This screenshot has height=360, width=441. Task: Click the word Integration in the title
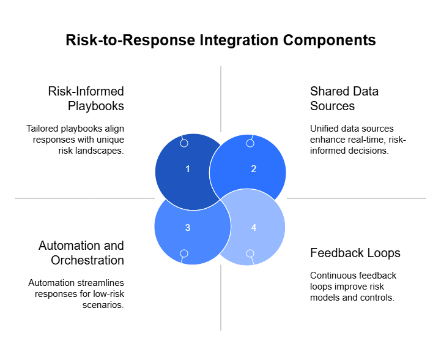[239, 40]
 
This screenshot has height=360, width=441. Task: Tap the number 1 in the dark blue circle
[188, 169]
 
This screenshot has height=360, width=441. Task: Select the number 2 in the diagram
[254, 169]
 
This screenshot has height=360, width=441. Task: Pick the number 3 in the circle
[188, 227]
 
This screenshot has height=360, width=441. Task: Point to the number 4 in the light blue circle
[254, 227]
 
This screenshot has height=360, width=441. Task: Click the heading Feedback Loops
[355, 253]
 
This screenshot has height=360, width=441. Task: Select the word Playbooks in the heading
[96, 106]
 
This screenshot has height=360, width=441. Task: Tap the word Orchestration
[87, 260]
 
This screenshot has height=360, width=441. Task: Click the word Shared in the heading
[327, 91]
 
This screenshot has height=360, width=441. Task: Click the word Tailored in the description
[42, 129]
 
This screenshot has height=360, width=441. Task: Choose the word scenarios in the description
[103, 305]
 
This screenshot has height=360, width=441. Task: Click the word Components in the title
[329, 40]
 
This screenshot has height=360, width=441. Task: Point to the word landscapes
[99, 151]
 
